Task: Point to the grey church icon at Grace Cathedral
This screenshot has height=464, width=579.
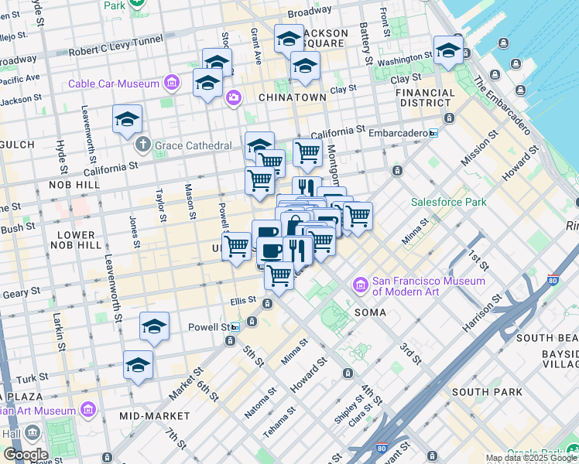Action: click(142, 145)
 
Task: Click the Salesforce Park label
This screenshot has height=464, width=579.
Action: click(448, 202)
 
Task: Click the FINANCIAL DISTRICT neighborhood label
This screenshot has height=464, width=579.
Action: click(425, 97)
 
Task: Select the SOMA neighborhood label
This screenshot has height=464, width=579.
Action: click(370, 312)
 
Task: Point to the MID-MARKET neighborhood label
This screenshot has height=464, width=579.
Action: click(155, 416)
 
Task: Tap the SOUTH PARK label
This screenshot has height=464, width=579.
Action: click(487, 392)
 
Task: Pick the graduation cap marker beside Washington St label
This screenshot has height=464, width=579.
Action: click(448, 50)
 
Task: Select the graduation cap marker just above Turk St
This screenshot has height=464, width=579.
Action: click(139, 364)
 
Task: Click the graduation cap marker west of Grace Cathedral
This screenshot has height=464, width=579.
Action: click(127, 118)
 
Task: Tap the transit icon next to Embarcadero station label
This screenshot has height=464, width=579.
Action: click(433, 133)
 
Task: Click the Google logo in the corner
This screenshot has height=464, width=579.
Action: click(25, 454)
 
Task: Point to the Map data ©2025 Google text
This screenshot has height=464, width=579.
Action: click(531, 458)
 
